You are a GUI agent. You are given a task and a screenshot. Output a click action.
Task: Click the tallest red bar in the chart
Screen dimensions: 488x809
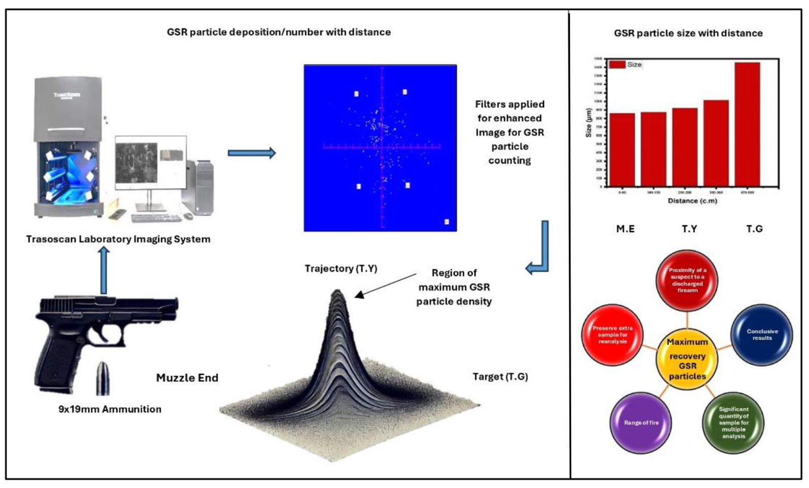(747, 124)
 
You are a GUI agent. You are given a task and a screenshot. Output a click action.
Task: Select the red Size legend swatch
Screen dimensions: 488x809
(617, 65)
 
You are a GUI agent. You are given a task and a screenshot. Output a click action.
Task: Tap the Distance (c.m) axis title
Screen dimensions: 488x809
(692, 201)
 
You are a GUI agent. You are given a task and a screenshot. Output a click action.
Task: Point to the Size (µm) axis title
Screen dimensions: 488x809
(589, 123)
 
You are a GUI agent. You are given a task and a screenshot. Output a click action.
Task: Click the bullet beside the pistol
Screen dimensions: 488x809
(103, 378)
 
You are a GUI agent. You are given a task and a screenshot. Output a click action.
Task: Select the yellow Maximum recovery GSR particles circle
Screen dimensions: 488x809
(687, 359)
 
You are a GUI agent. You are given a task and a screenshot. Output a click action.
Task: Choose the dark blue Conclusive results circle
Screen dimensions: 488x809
(761, 335)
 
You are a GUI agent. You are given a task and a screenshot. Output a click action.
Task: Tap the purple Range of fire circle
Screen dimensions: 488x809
(641, 422)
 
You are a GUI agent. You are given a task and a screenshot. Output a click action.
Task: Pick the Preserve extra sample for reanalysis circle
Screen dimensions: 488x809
(613, 335)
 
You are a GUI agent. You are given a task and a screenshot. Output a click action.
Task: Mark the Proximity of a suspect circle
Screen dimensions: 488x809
(687, 280)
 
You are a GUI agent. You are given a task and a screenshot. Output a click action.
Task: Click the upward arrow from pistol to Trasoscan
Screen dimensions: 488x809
(104, 270)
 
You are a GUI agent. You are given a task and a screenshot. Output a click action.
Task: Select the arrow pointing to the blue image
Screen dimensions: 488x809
(252, 152)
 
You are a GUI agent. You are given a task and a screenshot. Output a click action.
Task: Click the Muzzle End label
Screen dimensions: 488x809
(187, 378)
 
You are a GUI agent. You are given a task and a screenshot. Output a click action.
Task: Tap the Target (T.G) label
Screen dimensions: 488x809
(500, 377)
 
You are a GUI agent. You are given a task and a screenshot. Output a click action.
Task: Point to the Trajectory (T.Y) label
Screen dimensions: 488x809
(341, 269)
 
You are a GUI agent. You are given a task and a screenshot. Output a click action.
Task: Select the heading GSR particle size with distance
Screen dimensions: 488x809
(688, 34)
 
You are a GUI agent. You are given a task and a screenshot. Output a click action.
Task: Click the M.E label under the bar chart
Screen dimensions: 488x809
(625, 229)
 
